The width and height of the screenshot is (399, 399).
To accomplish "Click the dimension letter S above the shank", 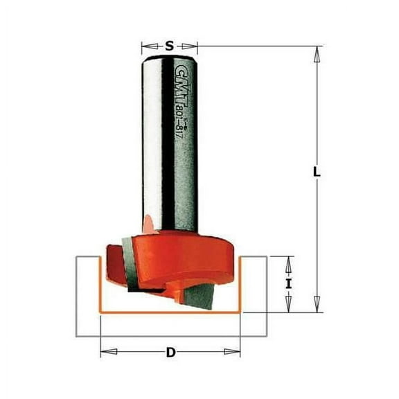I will point(170,46).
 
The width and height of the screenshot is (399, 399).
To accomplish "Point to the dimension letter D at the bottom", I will point(170,353).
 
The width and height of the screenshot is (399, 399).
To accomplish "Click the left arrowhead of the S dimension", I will point(144,47).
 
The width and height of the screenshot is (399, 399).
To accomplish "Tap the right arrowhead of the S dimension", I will point(195,47).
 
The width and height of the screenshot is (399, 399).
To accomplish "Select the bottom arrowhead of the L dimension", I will point(317,309).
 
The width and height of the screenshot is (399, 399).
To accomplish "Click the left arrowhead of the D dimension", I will point(105,353).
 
